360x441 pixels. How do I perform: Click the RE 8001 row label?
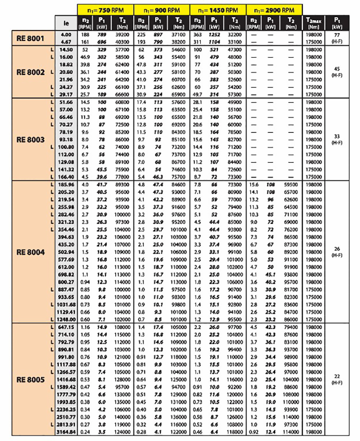pyautogui.click(x=31, y=39)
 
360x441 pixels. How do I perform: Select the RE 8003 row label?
pyautogui.click(x=31, y=140)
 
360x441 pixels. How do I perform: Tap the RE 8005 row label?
pyautogui.click(x=31, y=379)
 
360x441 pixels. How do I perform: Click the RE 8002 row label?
pyautogui.click(x=31, y=72)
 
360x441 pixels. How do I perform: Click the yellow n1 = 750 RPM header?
pyautogui.click(x=105, y=9)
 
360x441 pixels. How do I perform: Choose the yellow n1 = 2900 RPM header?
pyautogui.click(x=274, y=9)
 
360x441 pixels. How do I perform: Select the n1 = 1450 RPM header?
pyautogui.click(x=218, y=9)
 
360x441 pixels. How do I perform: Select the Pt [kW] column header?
pyautogui.click(x=337, y=22)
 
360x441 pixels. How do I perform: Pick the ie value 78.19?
pyautogui.click(x=65, y=132)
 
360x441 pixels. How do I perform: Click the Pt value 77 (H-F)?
pyautogui.click(x=337, y=39)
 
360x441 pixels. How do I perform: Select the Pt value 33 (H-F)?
pyautogui.click(x=337, y=140)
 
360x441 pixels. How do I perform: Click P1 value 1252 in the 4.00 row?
pyautogui.click(x=214, y=35)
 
